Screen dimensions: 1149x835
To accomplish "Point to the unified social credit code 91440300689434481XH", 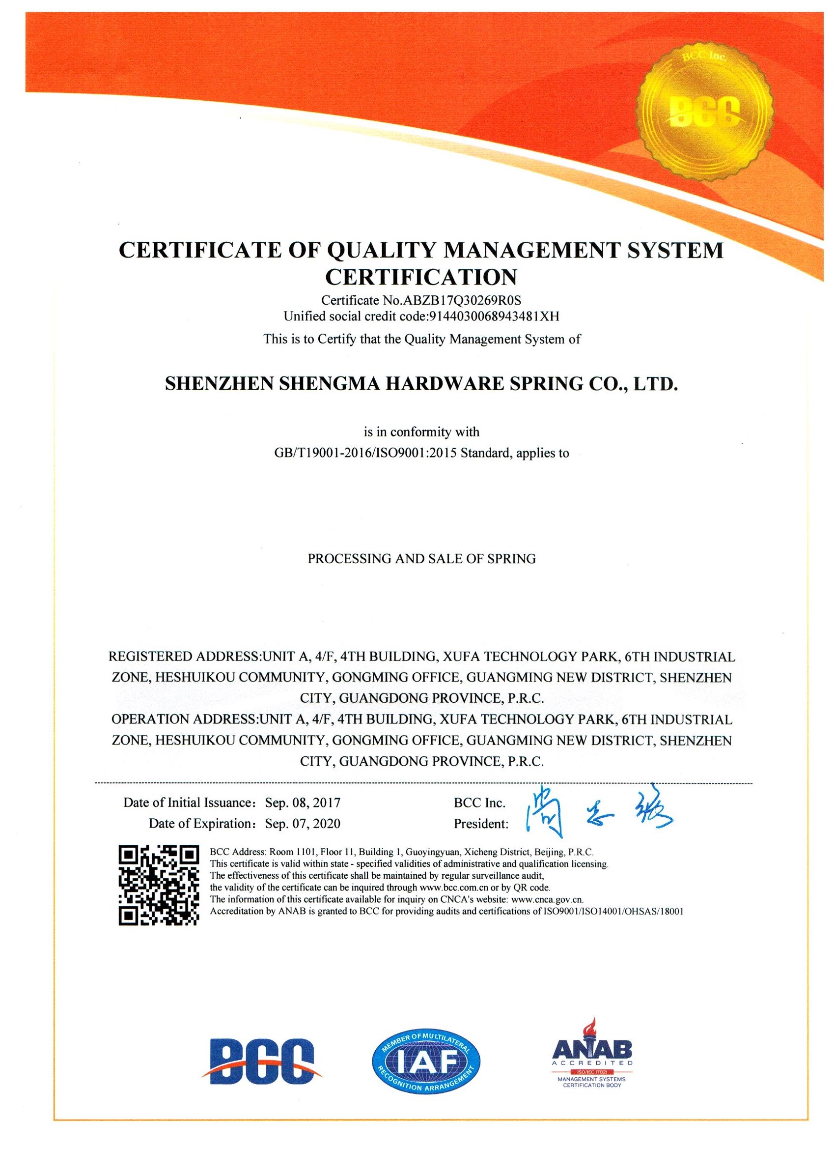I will pos(494,316).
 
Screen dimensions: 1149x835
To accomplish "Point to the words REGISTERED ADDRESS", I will pos(184,657).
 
